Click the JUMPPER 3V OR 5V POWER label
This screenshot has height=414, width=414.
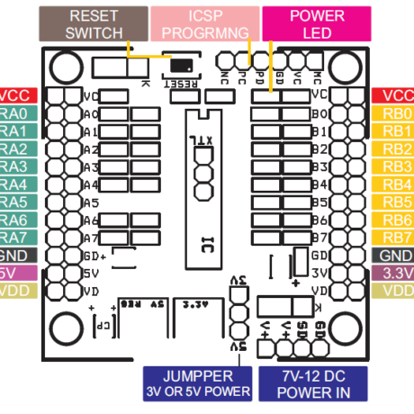point(200,382)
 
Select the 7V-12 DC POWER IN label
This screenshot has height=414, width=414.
point(312,382)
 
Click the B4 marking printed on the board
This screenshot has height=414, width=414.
point(318,184)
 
